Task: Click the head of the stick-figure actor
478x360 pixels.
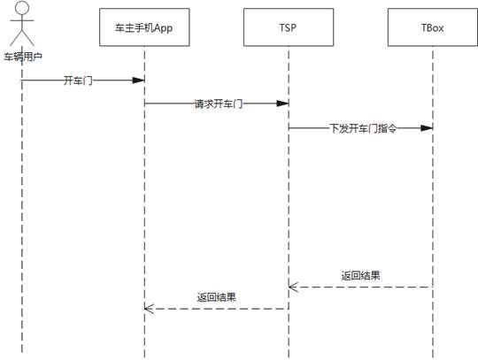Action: [x=22, y=8]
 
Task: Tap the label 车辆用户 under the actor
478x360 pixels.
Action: [x=23, y=57]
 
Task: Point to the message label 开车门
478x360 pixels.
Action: [x=78, y=80]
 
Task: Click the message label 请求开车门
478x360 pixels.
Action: [x=219, y=103]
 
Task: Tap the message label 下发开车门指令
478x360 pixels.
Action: [x=363, y=128]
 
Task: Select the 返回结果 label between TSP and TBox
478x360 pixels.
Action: [x=360, y=276]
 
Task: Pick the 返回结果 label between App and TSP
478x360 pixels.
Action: [x=217, y=297]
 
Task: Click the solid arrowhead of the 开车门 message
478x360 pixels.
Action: [x=138, y=80]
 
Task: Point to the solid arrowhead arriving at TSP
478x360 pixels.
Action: [x=282, y=103]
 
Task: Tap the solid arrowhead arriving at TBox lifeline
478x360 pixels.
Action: [x=427, y=128]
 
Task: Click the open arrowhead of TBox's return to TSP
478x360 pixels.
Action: [x=293, y=287]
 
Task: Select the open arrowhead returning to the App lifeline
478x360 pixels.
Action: [x=149, y=309]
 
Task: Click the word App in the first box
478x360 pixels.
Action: [x=163, y=28]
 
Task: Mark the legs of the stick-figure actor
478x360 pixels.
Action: [x=22, y=37]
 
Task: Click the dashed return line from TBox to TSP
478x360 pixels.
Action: [x=360, y=287]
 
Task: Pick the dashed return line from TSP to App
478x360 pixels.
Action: [x=217, y=309]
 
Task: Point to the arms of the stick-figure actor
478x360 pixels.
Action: [x=22, y=20]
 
